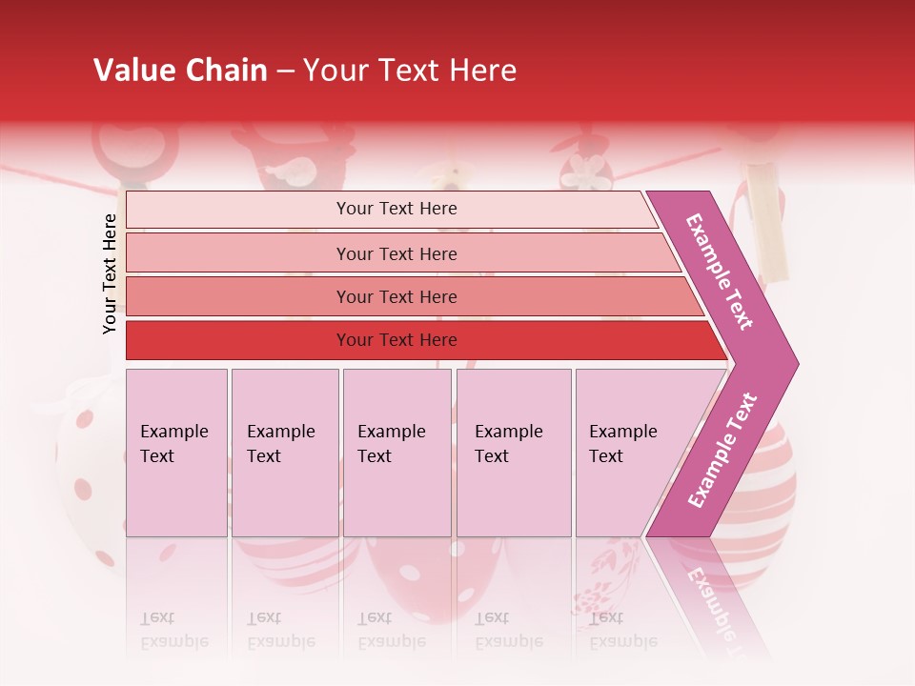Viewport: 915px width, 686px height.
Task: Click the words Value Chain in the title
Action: [x=180, y=71]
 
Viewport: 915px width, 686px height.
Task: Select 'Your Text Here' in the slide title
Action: [x=410, y=71]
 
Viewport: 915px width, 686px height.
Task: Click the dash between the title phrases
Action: [x=285, y=71]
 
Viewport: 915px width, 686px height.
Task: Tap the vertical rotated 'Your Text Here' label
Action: [x=110, y=274]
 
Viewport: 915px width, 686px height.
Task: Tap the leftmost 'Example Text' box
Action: [x=176, y=452]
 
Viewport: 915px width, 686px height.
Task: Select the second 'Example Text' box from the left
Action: [x=285, y=452]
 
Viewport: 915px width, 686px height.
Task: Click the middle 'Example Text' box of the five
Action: [x=396, y=452]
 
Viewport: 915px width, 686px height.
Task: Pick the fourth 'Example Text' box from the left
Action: [x=514, y=452]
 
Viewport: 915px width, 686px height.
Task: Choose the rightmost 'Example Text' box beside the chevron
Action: [x=629, y=452]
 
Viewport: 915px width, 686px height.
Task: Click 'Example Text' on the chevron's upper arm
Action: [x=721, y=272]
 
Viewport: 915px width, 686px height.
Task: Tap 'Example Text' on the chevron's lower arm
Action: [x=722, y=451]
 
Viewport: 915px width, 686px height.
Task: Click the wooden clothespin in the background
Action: [x=767, y=224]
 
